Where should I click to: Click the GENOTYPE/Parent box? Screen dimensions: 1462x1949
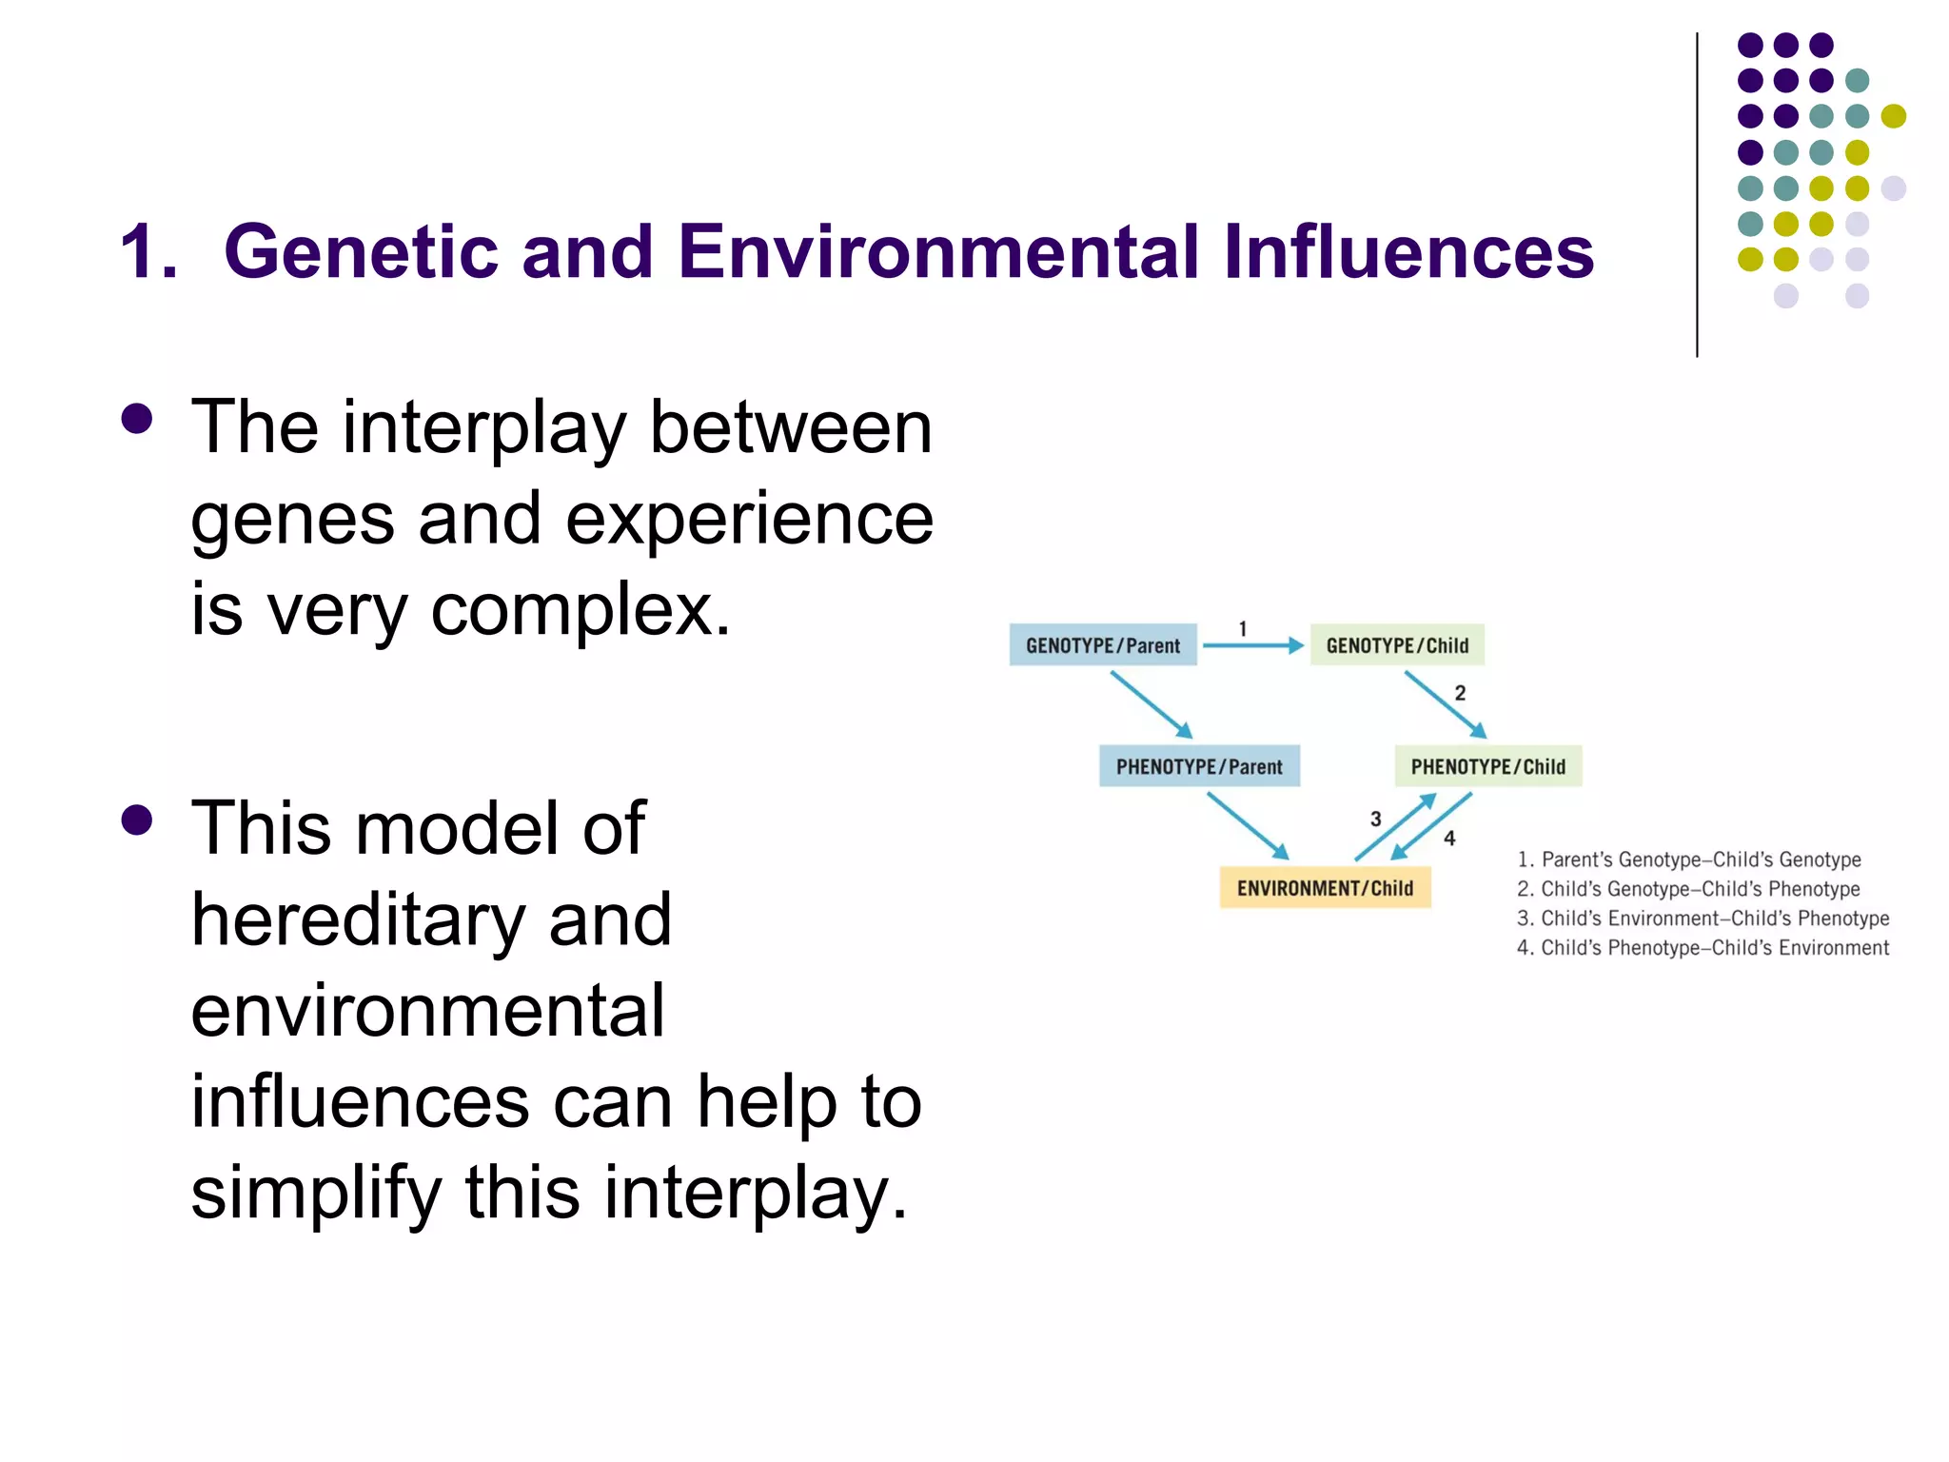[x=1103, y=645]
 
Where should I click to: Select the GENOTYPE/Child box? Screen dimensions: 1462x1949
[x=1397, y=645]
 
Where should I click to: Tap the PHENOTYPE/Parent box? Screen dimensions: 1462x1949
[x=1199, y=766]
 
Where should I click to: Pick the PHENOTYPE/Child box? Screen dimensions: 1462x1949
[x=1487, y=766]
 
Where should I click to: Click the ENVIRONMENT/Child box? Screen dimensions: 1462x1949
[x=1325, y=888]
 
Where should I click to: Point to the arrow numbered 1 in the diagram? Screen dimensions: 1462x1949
[x=1252, y=645]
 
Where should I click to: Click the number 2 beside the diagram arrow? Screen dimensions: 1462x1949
[x=1460, y=694]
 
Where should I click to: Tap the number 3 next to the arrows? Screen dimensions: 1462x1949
[x=1375, y=819]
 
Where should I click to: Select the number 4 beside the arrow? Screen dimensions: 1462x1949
[x=1449, y=839]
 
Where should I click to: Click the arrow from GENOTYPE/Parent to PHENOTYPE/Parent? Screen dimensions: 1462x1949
[x=1152, y=704]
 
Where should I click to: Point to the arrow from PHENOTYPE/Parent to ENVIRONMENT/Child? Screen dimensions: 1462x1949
[x=1248, y=825]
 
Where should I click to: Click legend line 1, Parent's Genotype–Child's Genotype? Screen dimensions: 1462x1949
[x=1689, y=859]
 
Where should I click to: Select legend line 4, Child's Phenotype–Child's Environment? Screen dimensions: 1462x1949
[x=1703, y=948]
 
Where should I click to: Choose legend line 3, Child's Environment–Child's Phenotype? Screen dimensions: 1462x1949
[x=1703, y=919]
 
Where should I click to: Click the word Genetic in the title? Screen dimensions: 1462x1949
[x=361, y=252]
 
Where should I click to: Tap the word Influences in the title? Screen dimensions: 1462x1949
[x=1408, y=252]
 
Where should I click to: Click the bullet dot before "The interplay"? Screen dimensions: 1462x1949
[x=137, y=419]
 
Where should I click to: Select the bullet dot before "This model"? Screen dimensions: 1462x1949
[x=137, y=820]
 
